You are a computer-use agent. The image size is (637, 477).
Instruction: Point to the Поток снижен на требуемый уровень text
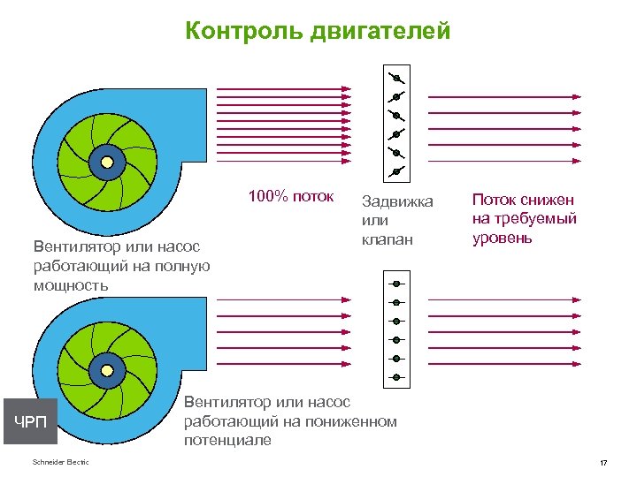524,219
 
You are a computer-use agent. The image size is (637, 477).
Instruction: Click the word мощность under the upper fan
71,285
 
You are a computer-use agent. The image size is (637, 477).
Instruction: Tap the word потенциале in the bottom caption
227,439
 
